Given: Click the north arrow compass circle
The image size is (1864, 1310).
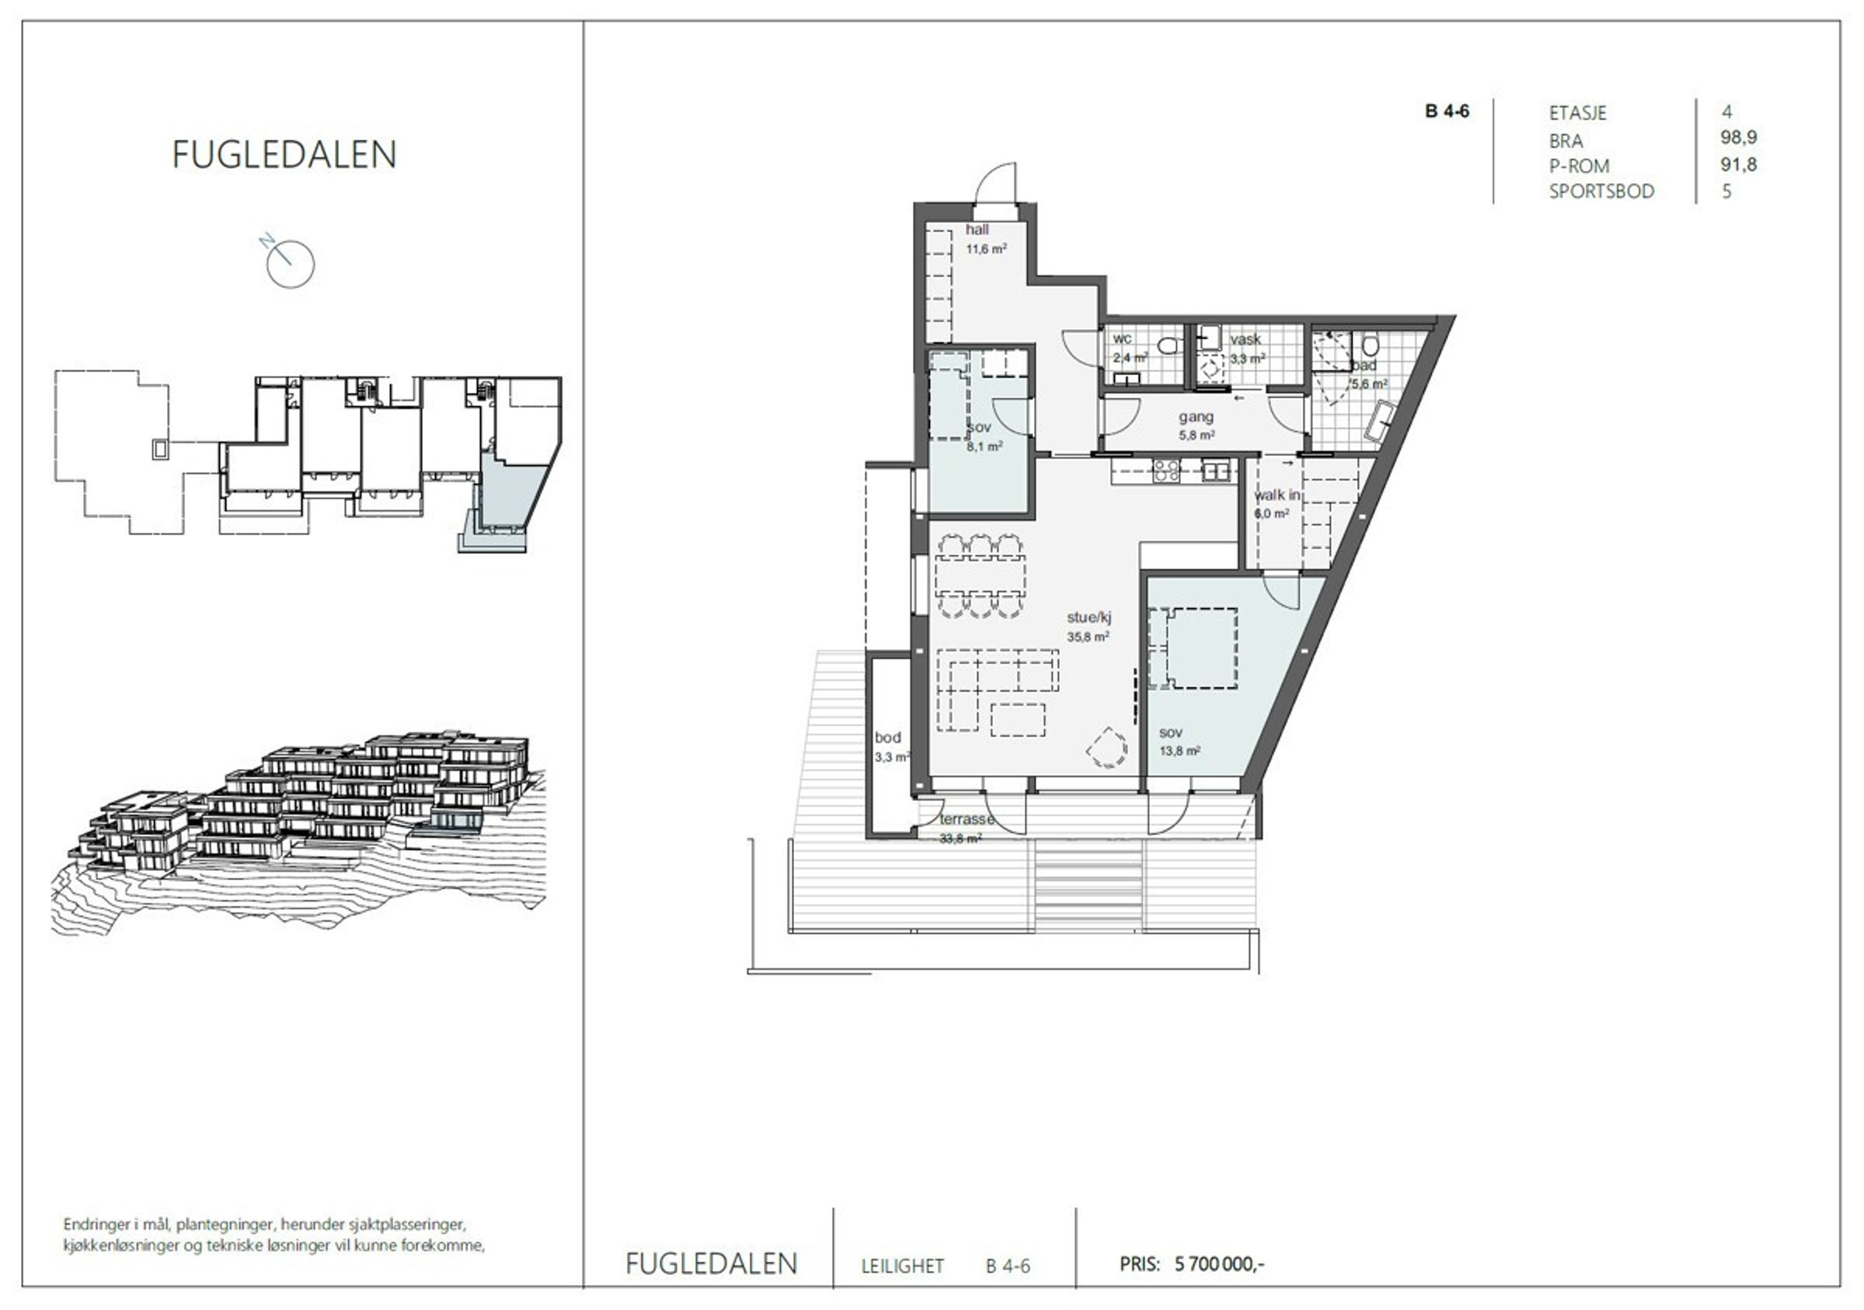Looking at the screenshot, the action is [x=291, y=264].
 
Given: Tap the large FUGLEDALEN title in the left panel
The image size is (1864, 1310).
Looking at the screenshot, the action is [x=284, y=154].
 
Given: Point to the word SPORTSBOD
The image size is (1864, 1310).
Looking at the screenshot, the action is [x=1601, y=192].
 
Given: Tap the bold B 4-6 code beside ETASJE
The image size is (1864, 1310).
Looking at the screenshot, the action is [x=1447, y=111].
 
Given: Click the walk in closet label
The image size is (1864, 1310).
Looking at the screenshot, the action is [x=1277, y=495].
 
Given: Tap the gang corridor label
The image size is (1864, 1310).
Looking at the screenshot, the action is [x=1196, y=417].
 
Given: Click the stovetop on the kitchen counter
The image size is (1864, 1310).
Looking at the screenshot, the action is [x=1166, y=471].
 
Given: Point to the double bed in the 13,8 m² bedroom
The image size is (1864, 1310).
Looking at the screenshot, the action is [x=1194, y=647].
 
